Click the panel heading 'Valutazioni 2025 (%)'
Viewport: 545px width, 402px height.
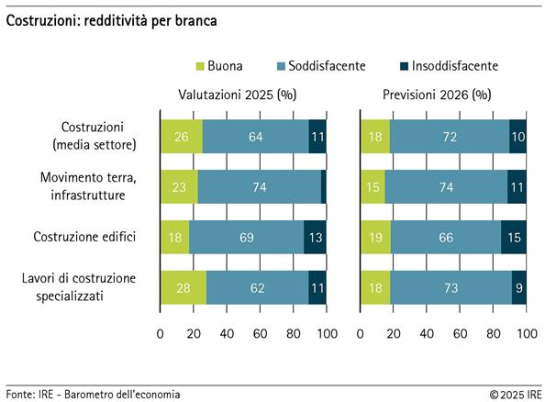pos(242,95)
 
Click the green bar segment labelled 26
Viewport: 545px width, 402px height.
pos(181,135)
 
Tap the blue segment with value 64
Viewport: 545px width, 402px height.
pos(255,135)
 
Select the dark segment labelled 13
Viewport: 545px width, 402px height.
pos(315,237)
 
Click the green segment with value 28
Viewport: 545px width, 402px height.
pos(183,287)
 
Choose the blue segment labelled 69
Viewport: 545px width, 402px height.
pos(247,237)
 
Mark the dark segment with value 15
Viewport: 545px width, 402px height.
pos(514,237)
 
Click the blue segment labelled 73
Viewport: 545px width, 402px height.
pos(450,287)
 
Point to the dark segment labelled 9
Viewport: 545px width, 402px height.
pos(519,287)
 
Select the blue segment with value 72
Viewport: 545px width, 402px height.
pos(450,135)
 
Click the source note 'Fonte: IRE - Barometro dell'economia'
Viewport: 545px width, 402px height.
pos(93,394)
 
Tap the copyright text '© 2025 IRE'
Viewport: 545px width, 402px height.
pos(515,394)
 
